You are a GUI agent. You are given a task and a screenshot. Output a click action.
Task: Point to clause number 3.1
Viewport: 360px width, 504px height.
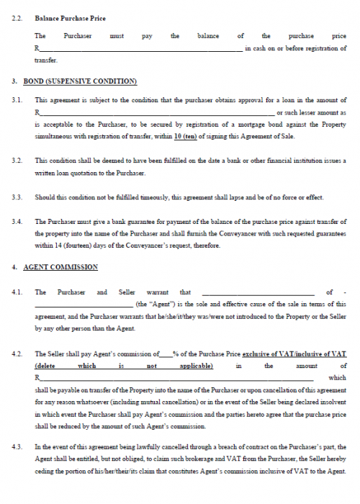(18, 100)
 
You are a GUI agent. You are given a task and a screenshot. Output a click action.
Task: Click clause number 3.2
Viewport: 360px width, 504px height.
(18, 160)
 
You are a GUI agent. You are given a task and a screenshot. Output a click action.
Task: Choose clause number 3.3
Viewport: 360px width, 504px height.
(18, 197)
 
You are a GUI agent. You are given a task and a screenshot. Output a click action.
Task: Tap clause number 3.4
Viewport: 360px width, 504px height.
(18, 222)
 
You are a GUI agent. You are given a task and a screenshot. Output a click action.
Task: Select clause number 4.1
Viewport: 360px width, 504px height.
(18, 292)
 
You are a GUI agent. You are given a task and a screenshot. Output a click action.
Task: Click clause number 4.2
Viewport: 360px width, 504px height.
(18, 354)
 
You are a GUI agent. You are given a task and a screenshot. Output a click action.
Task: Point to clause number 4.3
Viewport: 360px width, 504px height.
(18, 446)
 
